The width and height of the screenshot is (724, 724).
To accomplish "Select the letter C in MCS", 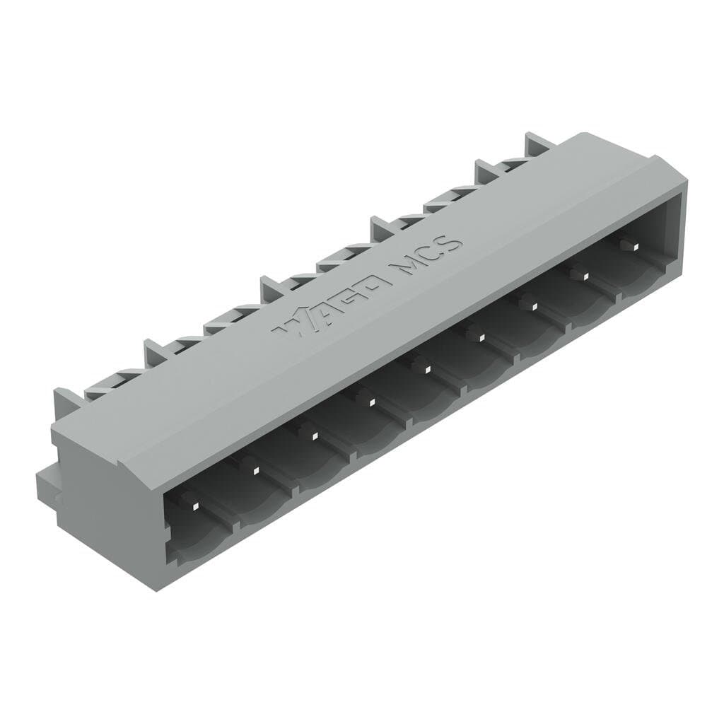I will [430, 254].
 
